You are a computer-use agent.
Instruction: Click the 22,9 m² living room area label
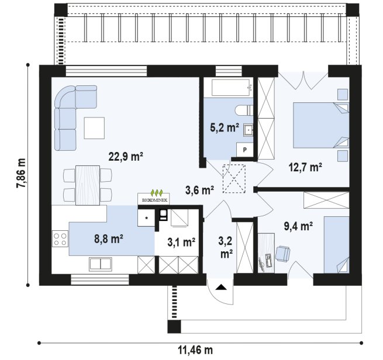tap(126, 157)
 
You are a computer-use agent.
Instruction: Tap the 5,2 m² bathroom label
tap(225, 127)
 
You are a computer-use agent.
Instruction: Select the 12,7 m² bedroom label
tap(305, 167)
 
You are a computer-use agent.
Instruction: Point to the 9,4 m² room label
tap(298, 226)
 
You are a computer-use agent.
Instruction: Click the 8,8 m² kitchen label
tap(108, 238)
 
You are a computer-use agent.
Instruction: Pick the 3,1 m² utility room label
tap(181, 242)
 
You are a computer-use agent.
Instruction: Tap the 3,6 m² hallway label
tap(200, 190)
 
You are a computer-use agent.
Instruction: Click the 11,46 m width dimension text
tap(195, 351)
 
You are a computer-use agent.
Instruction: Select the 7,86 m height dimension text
tap(21, 174)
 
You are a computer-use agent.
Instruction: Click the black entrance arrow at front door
tap(221, 287)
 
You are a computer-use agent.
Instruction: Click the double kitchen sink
tap(101, 264)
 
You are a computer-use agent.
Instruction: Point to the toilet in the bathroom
tap(244, 110)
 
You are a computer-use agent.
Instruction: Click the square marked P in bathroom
tap(245, 150)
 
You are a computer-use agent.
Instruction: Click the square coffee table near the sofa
tap(94, 128)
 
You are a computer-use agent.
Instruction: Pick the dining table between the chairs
tap(88, 185)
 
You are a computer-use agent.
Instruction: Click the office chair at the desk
tap(282, 253)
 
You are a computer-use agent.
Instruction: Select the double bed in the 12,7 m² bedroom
tap(321, 125)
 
